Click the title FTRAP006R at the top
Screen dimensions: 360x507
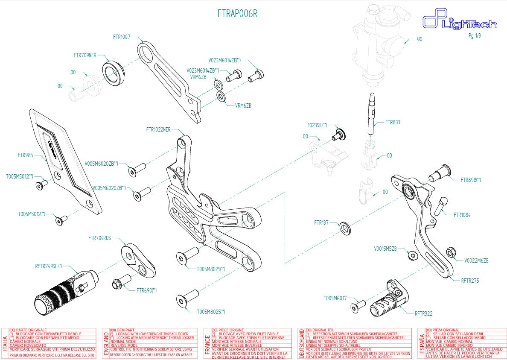point(238,14)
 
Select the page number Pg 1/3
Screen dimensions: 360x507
point(474,36)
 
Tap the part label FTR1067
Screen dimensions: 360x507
point(122,37)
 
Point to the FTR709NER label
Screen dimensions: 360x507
point(85,55)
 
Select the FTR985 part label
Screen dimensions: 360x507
point(25,155)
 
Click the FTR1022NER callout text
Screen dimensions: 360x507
point(158,129)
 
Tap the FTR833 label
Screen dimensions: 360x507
point(392,122)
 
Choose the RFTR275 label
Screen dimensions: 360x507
point(470,281)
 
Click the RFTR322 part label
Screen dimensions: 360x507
point(423,313)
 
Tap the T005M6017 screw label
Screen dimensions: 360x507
point(335,298)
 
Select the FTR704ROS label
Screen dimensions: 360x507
point(99,238)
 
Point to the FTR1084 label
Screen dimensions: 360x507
point(462,215)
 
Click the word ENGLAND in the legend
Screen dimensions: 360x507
point(105,343)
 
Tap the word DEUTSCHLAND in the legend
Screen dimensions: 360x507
point(301,343)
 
